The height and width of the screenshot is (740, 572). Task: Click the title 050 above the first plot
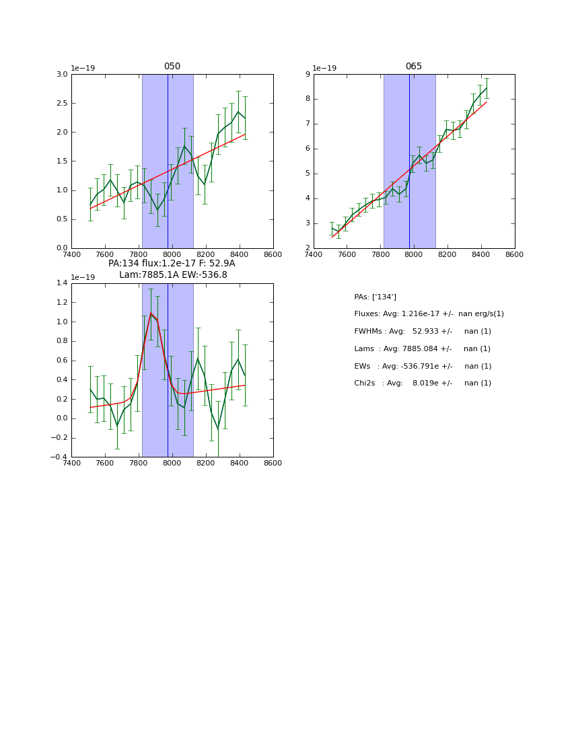172,67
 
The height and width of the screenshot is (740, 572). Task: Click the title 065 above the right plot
414,67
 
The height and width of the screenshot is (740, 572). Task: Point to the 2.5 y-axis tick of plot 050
61,103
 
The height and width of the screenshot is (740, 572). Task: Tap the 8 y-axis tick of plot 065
307,99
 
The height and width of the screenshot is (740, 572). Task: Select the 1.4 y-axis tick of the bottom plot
61,283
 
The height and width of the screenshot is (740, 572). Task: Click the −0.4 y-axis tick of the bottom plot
59,457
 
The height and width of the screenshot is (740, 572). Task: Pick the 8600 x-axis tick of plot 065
515,254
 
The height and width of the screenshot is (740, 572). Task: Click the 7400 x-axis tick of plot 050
71,254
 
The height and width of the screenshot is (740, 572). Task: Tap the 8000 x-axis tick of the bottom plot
172,464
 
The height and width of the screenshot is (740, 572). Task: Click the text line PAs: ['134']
375,297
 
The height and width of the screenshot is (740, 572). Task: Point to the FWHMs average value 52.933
426,332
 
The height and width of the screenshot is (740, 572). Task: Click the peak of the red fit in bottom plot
151,313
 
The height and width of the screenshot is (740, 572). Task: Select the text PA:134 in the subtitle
123,264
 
